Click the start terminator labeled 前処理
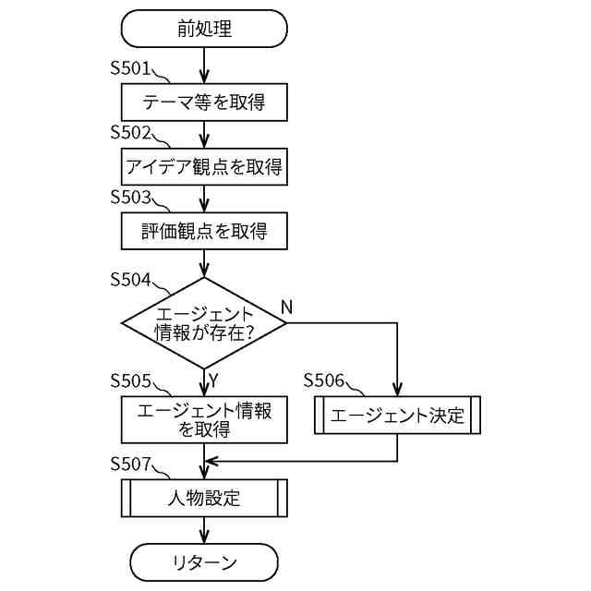[204, 29]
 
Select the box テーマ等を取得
[204, 103]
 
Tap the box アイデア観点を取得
[204, 166]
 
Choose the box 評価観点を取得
[204, 231]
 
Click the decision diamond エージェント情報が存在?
[204, 323]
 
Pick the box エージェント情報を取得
[204, 419]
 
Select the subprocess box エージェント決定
[397, 415]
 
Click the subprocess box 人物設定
[204, 498]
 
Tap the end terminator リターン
[204, 562]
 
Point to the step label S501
[130, 68]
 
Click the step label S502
[130, 132]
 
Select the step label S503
[130, 197]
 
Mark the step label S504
[130, 280]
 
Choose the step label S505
[130, 380]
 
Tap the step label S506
[324, 380]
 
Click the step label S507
[130, 464]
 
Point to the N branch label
[286, 308]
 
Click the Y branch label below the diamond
[213, 381]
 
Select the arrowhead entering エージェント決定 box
[397, 390]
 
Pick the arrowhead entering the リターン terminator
[204, 537]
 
